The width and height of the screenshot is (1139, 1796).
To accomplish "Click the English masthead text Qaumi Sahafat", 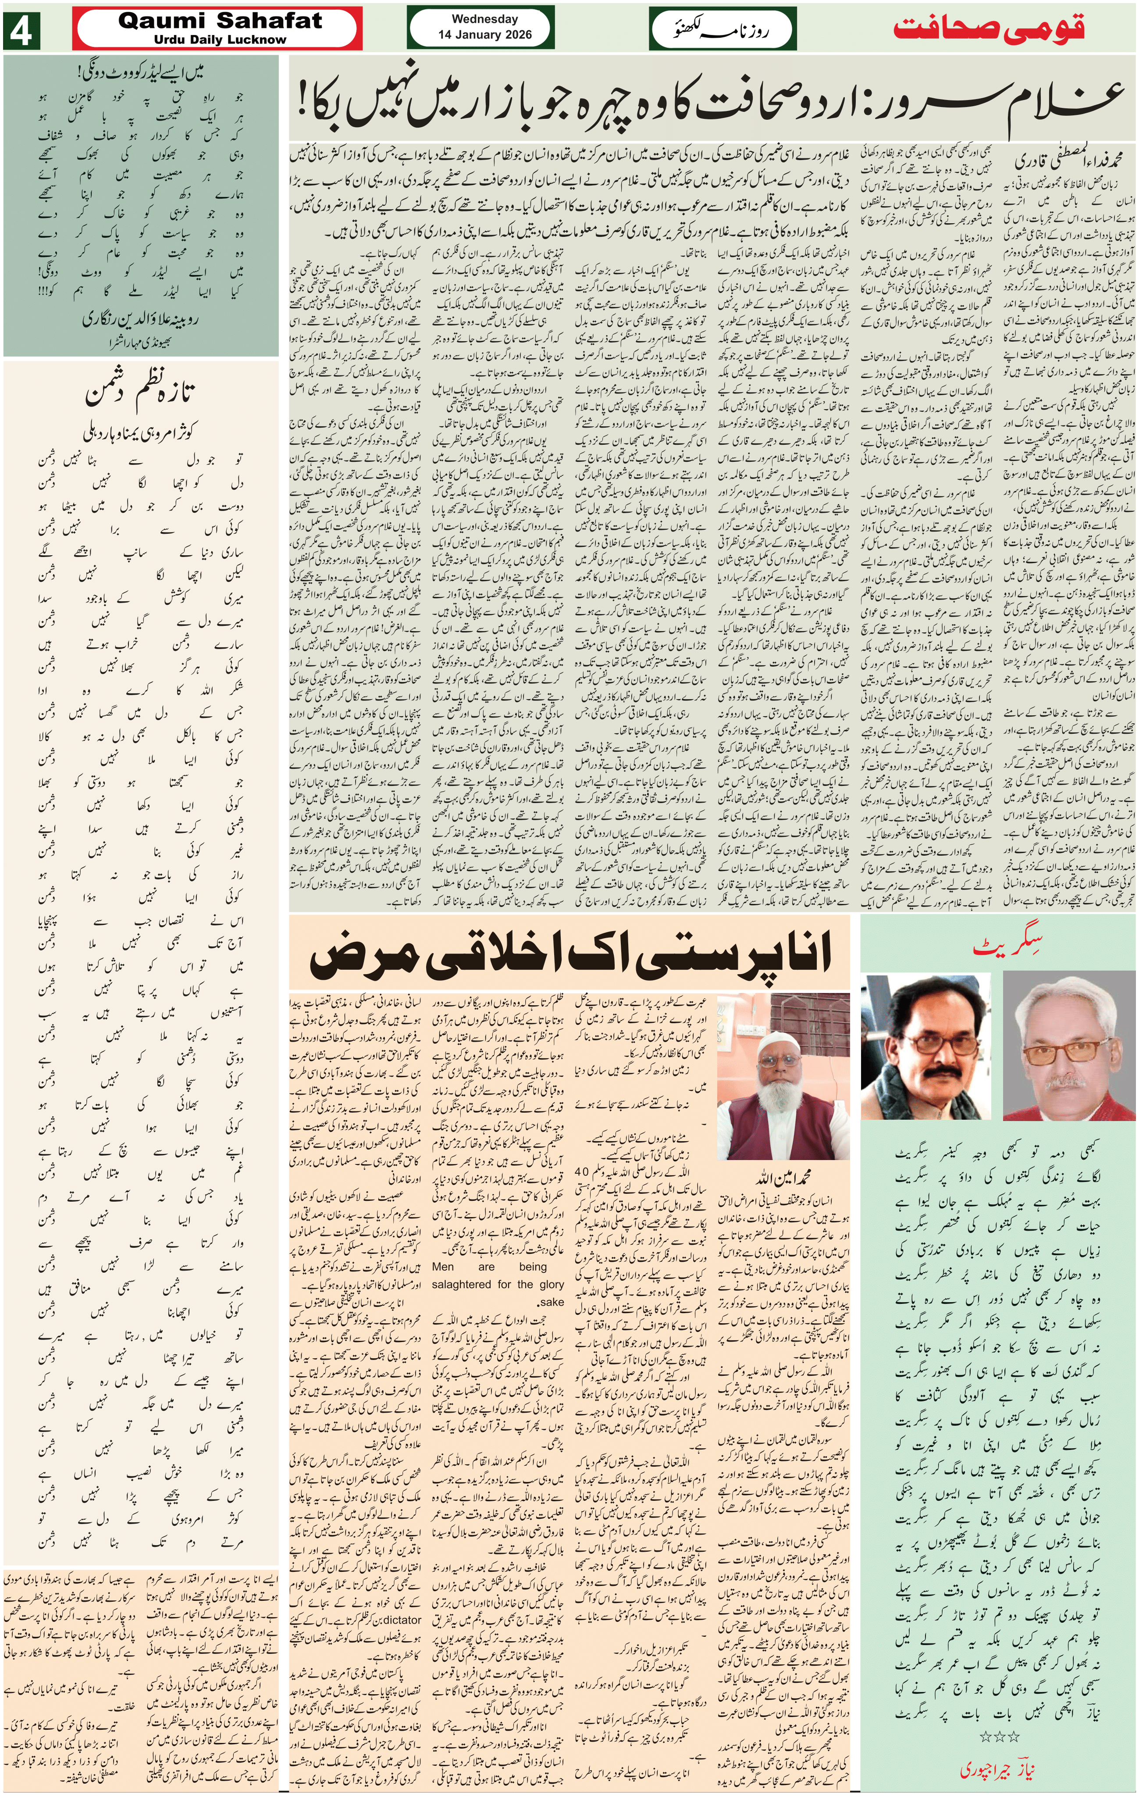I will point(220,21).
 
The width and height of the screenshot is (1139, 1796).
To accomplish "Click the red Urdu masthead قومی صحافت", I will point(989,30).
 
